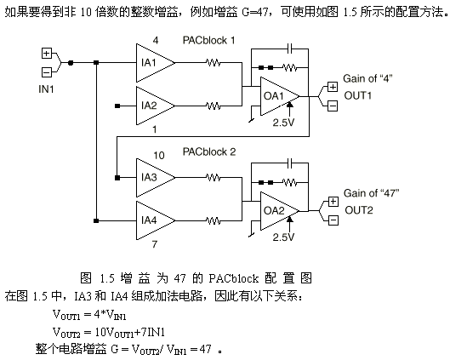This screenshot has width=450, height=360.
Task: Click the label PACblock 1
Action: pos(209,40)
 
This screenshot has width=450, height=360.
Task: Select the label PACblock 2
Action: pos(209,151)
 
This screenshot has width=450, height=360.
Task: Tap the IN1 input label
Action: pos(46,89)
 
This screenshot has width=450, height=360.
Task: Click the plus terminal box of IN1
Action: pos(47,54)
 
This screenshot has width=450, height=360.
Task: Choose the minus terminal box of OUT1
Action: pos(333,106)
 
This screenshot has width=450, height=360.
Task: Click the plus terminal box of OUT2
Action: pos(333,202)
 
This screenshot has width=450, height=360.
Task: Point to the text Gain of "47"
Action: pos(372,193)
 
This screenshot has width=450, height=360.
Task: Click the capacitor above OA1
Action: pos(290,49)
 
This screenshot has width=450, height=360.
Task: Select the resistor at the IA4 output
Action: pos(214,220)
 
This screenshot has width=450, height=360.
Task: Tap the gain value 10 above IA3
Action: pos(159,156)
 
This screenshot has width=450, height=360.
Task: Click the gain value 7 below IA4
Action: pos(155,244)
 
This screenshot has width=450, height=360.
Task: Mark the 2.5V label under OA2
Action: pos(283,237)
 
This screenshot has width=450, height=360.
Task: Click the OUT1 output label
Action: pos(358,95)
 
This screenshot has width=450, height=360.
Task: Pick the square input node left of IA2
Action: pos(117,106)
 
